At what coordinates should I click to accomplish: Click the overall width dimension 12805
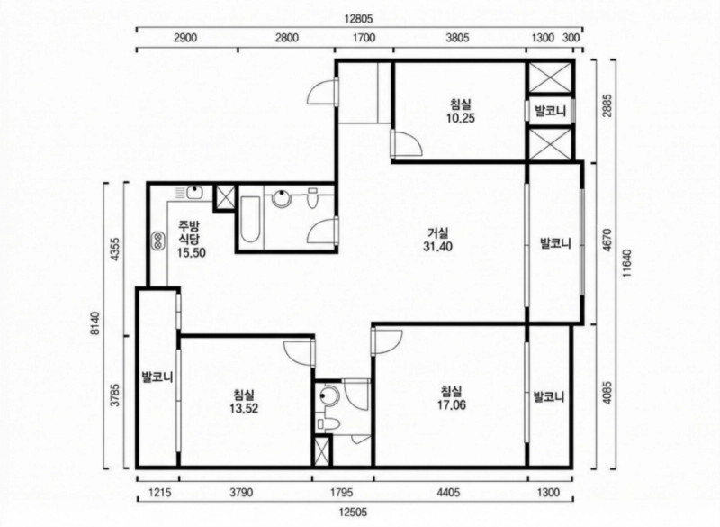(x=359, y=19)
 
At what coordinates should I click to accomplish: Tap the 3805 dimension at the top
(x=458, y=38)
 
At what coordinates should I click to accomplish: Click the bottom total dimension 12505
(x=353, y=512)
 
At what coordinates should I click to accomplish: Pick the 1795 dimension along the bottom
(x=342, y=493)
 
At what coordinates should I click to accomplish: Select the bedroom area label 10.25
(x=460, y=118)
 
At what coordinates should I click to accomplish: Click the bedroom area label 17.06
(x=452, y=404)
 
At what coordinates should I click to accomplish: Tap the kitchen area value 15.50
(x=191, y=252)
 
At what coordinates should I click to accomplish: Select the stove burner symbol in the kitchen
(x=159, y=240)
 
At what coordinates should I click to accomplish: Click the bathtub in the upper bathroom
(x=251, y=219)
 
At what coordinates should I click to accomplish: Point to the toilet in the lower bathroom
(x=328, y=423)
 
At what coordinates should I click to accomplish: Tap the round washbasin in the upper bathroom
(x=281, y=198)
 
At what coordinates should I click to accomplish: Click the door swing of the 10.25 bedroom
(x=408, y=143)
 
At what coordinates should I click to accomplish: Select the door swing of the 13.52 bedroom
(x=300, y=352)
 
